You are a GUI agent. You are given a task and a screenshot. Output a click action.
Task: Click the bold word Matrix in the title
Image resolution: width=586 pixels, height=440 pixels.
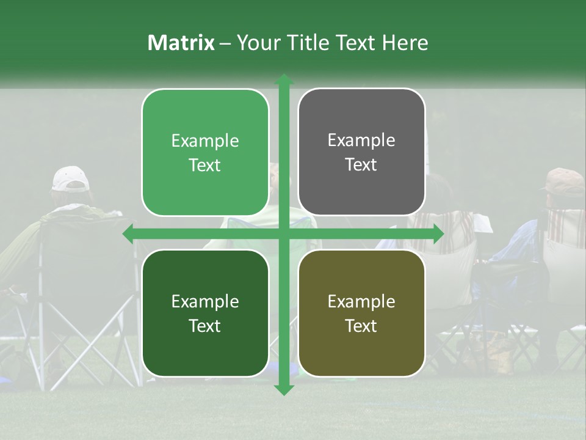[x=181, y=42]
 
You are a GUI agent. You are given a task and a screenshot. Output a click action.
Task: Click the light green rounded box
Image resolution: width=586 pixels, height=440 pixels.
[x=205, y=152]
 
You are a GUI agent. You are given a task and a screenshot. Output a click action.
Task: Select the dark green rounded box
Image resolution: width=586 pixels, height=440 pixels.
[x=205, y=313]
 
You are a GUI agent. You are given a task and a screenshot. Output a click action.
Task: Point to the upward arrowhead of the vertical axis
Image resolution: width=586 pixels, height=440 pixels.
[x=283, y=80]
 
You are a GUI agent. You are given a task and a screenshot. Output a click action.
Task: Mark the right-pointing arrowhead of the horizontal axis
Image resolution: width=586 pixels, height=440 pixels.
[x=438, y=234]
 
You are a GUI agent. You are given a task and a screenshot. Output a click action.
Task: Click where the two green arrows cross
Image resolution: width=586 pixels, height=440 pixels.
[x=283, y=234]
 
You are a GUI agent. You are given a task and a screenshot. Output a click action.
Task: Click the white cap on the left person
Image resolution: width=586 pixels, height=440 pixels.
[x=70, y=178]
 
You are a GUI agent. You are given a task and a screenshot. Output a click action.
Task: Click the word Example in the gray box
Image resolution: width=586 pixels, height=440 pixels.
[x=361, y=141]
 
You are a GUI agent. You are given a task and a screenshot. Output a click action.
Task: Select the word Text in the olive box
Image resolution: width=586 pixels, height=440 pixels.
[x=361, y=326]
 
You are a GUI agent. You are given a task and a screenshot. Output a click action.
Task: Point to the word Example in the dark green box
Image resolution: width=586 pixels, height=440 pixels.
[x=205, y=301]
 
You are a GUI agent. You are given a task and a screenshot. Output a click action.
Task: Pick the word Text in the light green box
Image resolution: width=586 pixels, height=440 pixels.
[x=205, y=165]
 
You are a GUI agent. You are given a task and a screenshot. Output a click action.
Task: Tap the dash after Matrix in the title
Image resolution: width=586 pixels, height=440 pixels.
[x=225, y=43]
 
